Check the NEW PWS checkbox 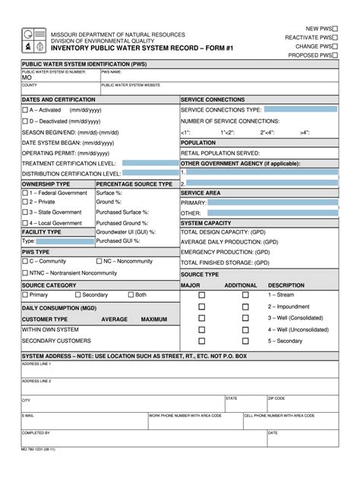click(x=335, y=27)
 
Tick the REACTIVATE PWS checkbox click(x=335, y=36)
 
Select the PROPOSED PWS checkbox click(x=335, y=55)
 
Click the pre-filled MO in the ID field click(x=27, y=78)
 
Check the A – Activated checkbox click(x=25, y=110)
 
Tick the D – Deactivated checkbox click(x=25, y=121)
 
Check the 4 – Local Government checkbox click(x=25, y=223)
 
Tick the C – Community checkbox click(x=25, y=261)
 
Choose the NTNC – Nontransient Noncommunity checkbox click(x=25, y=272)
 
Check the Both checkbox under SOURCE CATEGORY click(x=130, y=294)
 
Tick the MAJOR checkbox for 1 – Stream click(x=202, y=294)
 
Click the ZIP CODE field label click(x=276, y=398)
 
